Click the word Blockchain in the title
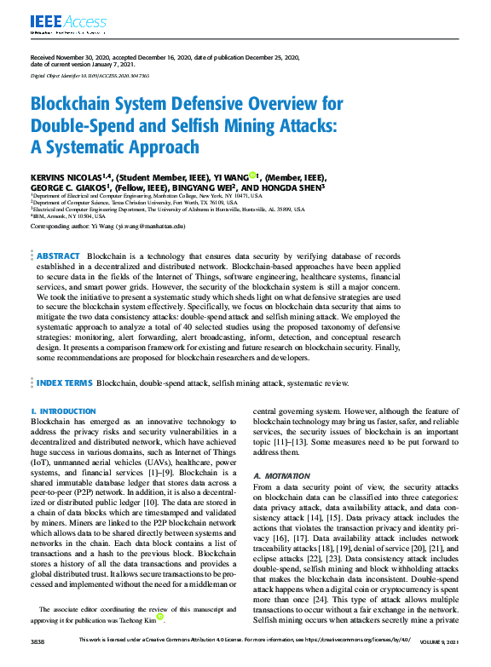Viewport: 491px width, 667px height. (x=72, y=105)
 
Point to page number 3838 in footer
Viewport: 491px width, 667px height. (x=38, y=661)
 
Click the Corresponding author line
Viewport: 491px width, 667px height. (x=107, y=227)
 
